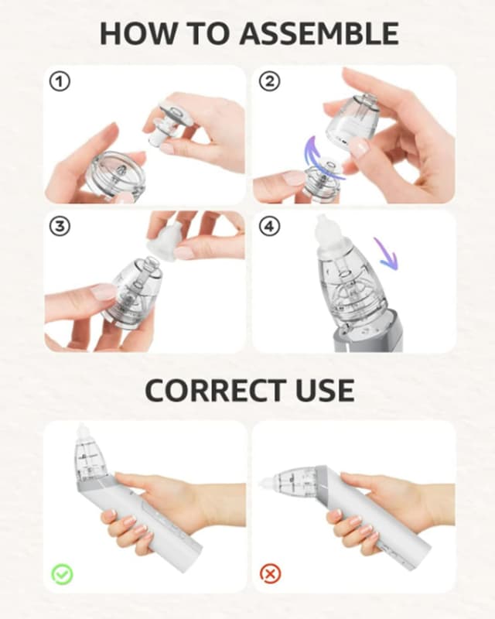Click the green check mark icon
click(62, 574)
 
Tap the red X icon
click(271, 574)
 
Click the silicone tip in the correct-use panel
click(83, 433)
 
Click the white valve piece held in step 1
click(170, 119)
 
